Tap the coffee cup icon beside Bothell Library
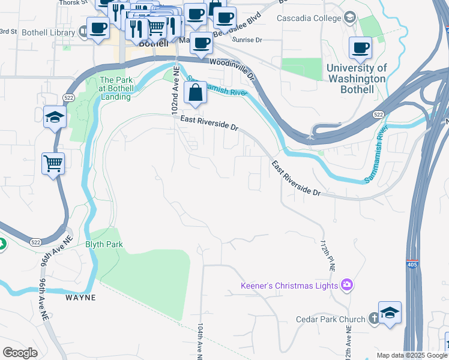click(x=98, y=28)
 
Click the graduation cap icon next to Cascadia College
click(x=349, y=18)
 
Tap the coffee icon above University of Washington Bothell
click(x=361, y=48)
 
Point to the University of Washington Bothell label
click(x=357, y=79)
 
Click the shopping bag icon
click(x=196, y=94)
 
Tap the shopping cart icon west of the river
click(x=53, y=163)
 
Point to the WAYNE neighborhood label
click(x=81, y=297)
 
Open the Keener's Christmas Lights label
click(x=289, y=286)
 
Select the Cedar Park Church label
click(x=330, y=319)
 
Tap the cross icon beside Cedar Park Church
click(x=373, y=319)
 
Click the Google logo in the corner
click(x=20, y=352)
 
